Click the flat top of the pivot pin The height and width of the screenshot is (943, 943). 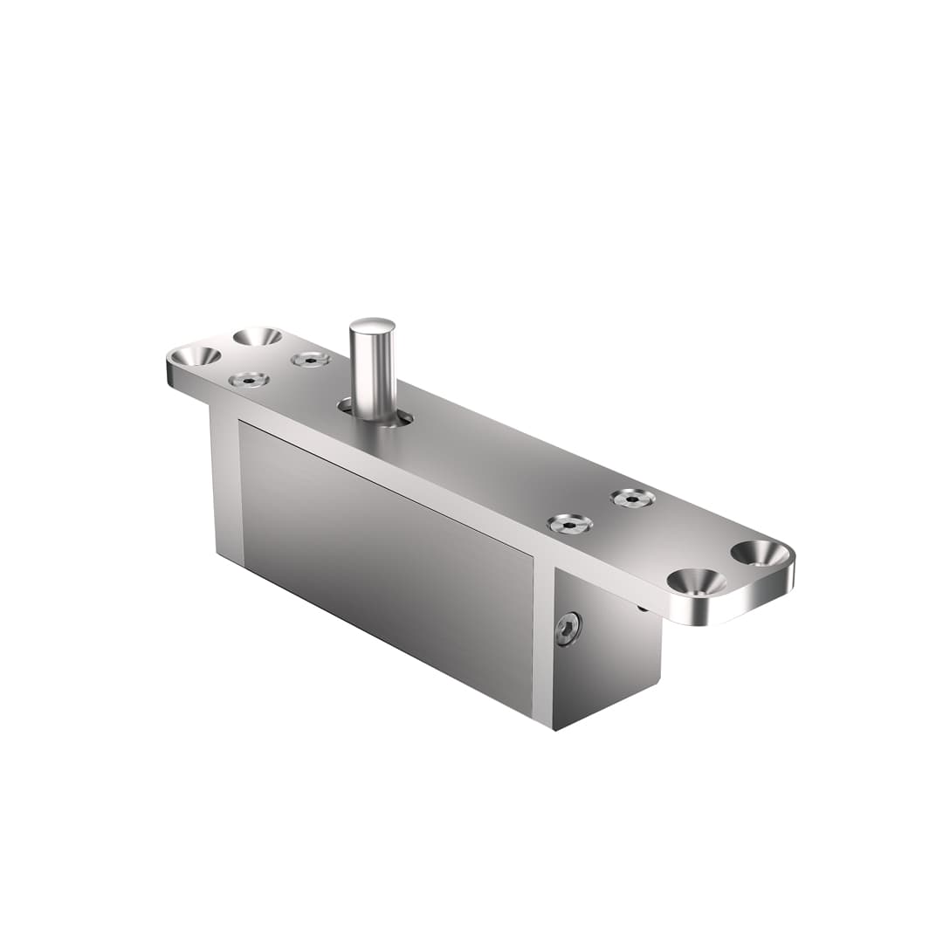[x=372, y=326]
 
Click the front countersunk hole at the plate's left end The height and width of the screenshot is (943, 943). [x=195, y=355]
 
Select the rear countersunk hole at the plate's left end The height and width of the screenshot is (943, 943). [x=258, y=336]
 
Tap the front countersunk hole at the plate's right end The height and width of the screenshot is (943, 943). [x=697, y=582]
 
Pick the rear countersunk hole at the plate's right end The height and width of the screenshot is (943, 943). [x=759, y=552]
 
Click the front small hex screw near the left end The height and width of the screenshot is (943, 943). [x=249, y=379]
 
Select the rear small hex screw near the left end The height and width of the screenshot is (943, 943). [x=311, y=359]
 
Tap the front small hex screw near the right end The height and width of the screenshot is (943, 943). [x=569, y=524]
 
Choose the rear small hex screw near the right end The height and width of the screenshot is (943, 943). [x=632, y=498]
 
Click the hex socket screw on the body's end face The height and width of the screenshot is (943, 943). [x=568, y=629]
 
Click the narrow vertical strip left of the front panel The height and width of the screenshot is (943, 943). [x=225, y=485]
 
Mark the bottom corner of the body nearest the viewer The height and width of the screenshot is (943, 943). [x=553, y=727]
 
